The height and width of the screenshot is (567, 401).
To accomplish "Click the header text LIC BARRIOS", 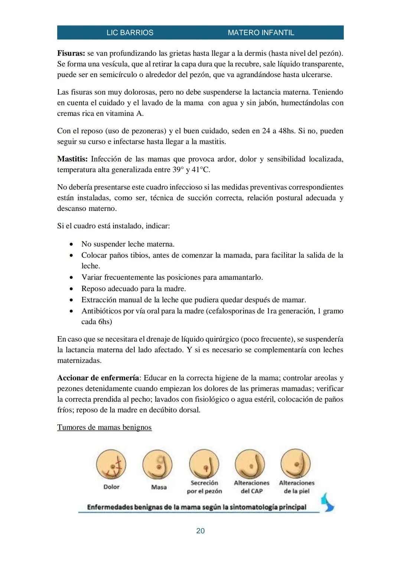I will [130, 33].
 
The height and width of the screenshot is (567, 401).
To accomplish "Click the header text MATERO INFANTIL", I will [261, 33].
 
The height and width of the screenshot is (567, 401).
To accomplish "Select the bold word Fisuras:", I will [71, 53].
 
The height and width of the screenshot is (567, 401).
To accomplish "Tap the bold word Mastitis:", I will [72, 159].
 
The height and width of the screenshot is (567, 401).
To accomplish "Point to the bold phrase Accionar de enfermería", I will [98, 378].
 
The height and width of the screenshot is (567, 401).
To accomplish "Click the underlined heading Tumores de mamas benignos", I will [104, 427].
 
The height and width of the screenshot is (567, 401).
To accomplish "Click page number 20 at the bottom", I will [200, 531].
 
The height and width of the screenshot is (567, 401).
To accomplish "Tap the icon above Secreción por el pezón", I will [204, 464].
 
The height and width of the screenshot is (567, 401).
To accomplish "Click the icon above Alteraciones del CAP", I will [250, 464].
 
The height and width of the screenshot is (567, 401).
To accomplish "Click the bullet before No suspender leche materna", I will [71, 244].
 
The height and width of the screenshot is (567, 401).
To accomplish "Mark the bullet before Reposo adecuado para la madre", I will [71, 289].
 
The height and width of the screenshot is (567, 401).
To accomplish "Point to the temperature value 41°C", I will [201, 170].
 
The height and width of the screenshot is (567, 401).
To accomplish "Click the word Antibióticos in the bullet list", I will [101, 311].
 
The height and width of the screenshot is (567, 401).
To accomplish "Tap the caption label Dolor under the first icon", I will [111, 487].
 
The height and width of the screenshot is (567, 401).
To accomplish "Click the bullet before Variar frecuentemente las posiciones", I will [71, 278].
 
